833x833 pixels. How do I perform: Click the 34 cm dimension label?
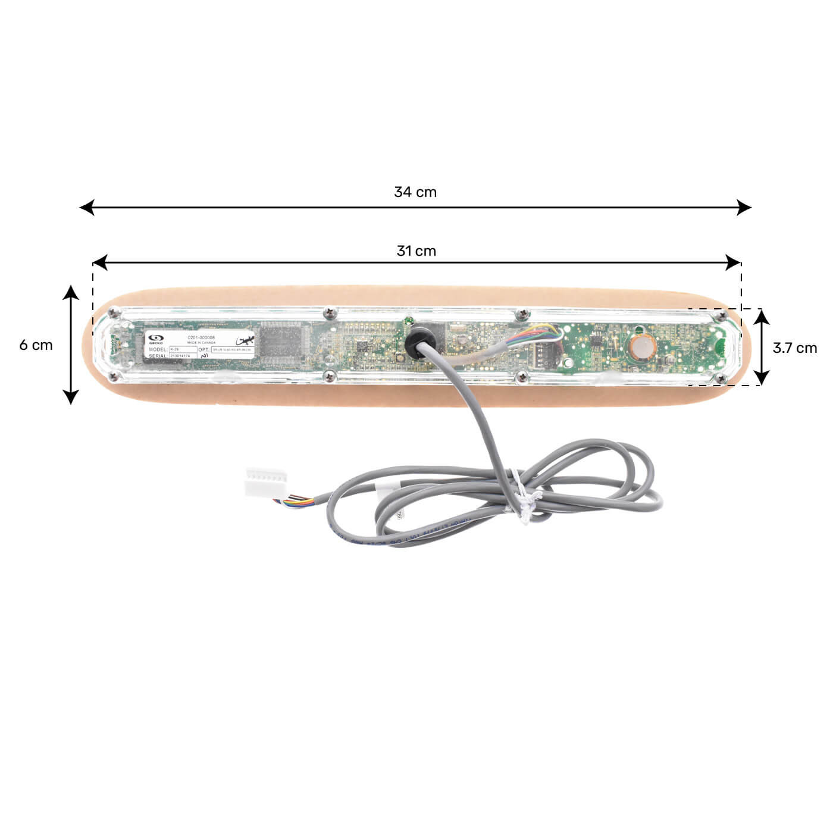pyautogui.click(x=415, y=192)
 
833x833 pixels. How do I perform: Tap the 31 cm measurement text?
pyautogui.click(x=416, y=251)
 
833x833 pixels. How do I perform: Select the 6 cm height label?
pyautogui.click(x=36, y=345)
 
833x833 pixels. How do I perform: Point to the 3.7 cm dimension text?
pyautogui.click(x=794, y=348)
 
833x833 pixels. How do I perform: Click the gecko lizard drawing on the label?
pyautogui.click(x=245, y=341)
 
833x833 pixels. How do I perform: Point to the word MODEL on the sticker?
pyautogui.click(x=158, y=349)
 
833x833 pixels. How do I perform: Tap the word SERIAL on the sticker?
pyautogui.click(x=158, y=356)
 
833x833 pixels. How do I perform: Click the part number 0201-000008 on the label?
pyautogui.click(x=201, y=337)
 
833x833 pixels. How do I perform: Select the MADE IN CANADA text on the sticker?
pyautogui.click(x=201, y=343)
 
